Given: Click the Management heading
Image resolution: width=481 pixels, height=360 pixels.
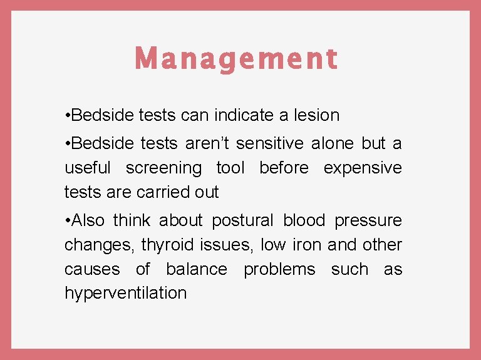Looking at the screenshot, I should [x=236, y=59].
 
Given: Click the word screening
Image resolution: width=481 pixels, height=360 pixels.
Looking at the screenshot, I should [x=164, y=168].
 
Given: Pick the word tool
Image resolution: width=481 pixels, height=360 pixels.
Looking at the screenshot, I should [x=230, y=168].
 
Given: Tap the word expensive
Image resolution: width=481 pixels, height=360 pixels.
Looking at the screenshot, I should [x=363, y=168].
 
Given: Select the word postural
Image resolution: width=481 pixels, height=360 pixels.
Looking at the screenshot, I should [x=242, y=220].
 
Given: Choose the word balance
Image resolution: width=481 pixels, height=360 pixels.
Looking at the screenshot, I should [x=197, y=269].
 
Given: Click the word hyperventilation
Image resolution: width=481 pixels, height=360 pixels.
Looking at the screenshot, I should [x=125, y=293].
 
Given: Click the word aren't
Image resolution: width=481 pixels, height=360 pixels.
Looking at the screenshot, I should [x=209, y=143].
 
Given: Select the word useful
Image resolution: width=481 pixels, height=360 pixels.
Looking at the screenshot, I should [x=88, y=168].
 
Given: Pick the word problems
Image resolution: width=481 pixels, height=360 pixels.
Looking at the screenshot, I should [x=279, y=269].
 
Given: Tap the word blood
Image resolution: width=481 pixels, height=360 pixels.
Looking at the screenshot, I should [x=304, y=220].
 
